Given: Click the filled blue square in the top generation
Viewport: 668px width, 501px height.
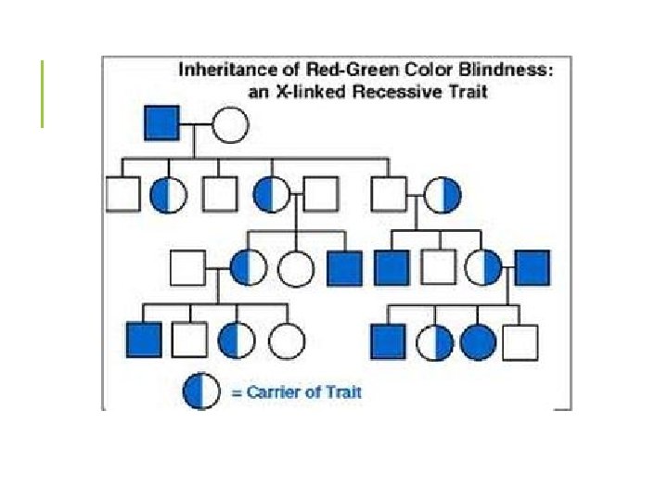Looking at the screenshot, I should click(161, 122).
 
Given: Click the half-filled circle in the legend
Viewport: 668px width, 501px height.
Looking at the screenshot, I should click(201, 392).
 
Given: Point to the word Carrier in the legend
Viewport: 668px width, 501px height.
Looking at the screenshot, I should click(274, 392).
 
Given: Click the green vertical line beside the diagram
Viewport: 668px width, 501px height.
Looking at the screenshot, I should click(42, 93).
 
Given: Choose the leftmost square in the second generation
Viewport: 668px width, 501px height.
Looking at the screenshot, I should click(122, 193).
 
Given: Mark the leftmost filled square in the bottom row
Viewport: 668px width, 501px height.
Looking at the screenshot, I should click(143, 340).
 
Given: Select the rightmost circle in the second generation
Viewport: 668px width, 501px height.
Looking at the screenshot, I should click(443, 194).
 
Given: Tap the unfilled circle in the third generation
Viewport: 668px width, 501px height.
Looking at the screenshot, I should click(294, 267).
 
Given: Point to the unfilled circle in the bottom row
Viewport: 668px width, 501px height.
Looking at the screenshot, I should click(287, 340).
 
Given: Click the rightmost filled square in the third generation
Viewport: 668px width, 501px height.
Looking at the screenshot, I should click(533, 267).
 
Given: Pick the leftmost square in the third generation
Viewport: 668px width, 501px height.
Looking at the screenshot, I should click(187, 267).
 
